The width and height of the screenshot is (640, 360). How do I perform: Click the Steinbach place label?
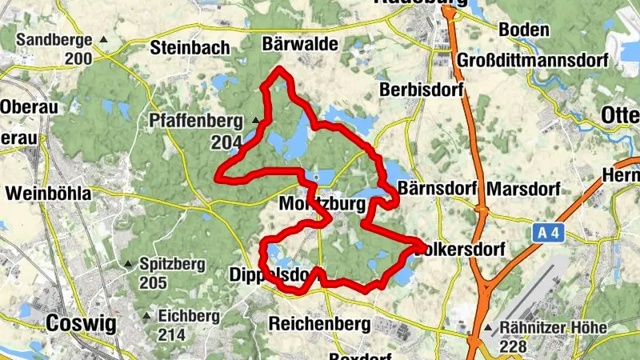click(x=190, y=47)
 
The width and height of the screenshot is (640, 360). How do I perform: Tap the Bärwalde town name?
click(x=300, y=43)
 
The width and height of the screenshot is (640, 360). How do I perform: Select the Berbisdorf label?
click(x=422, y=89)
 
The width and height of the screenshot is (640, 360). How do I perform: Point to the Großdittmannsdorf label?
click(x=533, y=61)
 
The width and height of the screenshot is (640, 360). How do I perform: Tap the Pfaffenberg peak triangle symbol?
click(x=256, y=122)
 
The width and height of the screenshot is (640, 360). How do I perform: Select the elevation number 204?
click(x=226, y=142)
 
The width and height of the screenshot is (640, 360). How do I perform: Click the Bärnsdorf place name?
click(x=437, y=190)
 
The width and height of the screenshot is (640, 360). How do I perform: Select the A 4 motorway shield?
click(x=544, y=232)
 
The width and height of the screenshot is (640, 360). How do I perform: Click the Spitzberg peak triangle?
click(x=128, y=263)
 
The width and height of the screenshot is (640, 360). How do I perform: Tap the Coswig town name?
click(x=82, y=323)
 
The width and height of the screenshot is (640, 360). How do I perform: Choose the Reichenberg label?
click(x=319, y=324)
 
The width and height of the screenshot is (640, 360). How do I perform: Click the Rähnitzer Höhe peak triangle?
click(x=488, y=329)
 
